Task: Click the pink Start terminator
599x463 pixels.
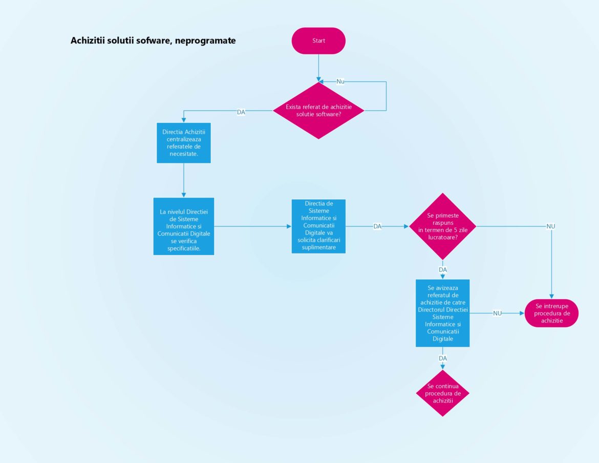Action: point(318,40)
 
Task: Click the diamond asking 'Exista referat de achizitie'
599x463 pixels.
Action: point(318,110)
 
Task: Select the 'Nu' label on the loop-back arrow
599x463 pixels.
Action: point(340,81)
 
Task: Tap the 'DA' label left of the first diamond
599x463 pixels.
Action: point(241,112)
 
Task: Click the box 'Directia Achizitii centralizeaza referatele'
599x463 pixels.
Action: point(183,142)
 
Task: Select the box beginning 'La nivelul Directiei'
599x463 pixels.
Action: point(183,226)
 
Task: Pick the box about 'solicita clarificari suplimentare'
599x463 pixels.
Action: point(318,226)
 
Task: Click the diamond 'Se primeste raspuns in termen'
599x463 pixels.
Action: point(442,226)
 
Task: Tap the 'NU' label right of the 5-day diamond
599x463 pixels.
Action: point(551,226)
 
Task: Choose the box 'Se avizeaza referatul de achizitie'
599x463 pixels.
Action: point(442,313)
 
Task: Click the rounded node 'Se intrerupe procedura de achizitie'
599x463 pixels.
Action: point(552,313)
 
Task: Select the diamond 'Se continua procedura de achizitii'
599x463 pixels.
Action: point(442,393)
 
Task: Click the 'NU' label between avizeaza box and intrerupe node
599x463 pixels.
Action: point(497,313)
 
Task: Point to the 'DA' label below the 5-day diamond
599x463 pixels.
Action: point(443,269)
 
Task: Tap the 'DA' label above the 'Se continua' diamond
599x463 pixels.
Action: point(443,358)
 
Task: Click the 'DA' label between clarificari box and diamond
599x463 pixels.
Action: point(377,226)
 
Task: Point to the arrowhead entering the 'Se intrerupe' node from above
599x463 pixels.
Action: point(552,297)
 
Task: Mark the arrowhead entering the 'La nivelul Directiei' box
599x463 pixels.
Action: point(183,195)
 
